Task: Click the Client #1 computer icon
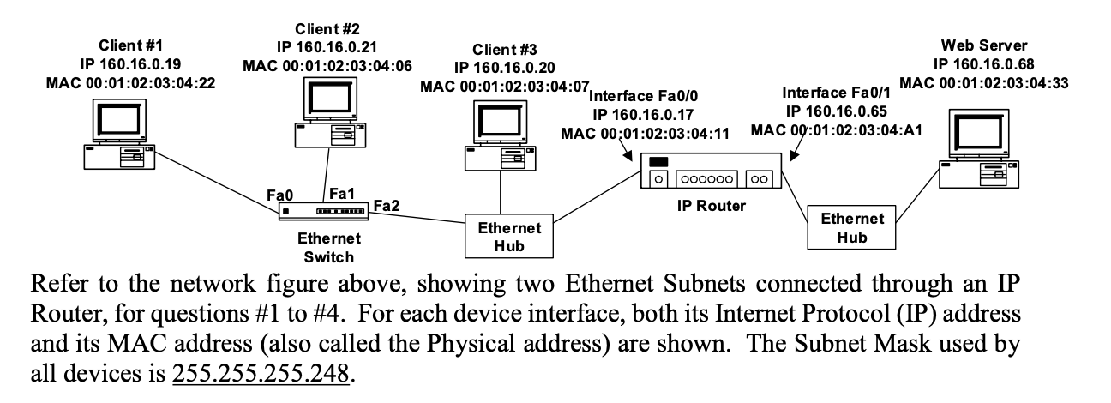point(120,133)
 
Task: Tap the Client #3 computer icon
point(501,137)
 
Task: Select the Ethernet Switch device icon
point(326,209)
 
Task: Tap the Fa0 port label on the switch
point(276,195)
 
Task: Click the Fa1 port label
point(342,194)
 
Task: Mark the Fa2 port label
point(387,205)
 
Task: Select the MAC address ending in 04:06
point(328,64)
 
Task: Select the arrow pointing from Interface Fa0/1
point(796,152)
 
